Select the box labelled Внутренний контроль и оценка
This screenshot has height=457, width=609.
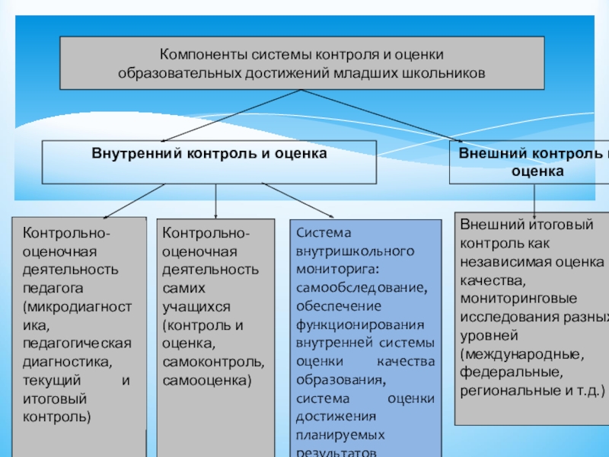click(x=209, y=161)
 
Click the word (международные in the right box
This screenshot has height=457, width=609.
click(x=522, y=354)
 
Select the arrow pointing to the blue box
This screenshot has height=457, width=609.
click(x=297, y=200)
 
